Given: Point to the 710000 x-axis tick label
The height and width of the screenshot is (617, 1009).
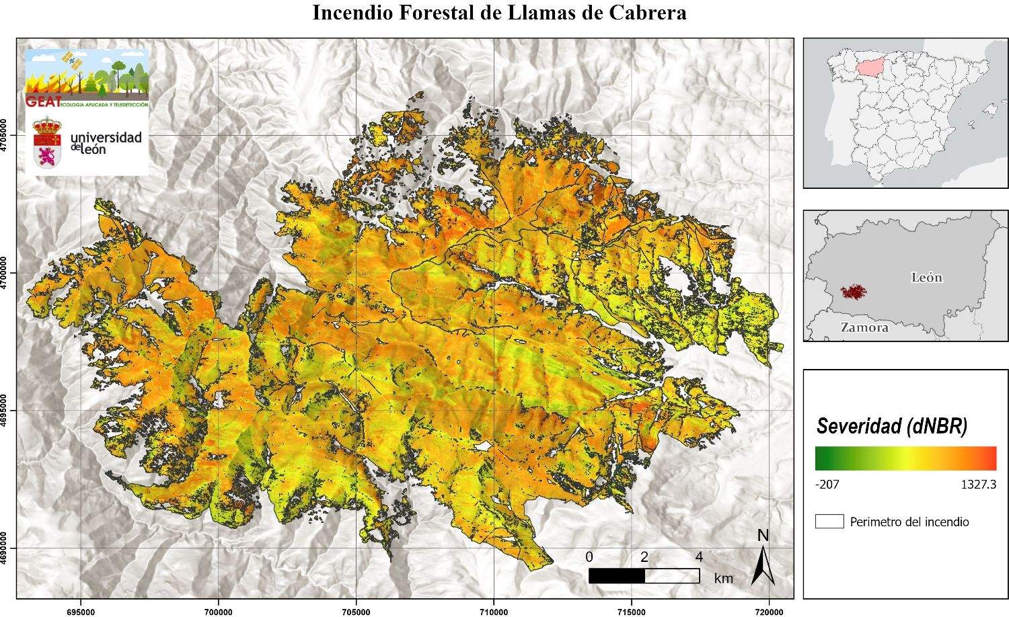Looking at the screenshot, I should (493, 612).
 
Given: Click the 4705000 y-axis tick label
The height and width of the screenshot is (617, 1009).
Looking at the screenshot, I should (7, 136).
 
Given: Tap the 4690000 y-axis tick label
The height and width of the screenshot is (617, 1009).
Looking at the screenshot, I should (7, 548).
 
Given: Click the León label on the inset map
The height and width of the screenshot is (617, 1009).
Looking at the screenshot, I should (926, 278).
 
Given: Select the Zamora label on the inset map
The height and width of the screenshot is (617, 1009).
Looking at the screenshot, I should (864, 328).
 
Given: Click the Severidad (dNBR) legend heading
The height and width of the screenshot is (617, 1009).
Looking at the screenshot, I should (891, 426).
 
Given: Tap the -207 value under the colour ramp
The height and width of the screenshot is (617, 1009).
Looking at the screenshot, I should (827, 484).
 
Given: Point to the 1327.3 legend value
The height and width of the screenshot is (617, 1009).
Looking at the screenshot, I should (979, 484).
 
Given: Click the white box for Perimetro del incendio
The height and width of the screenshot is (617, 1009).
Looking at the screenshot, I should (829, 522).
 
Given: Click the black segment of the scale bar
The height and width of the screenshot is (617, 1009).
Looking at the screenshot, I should (616, 576).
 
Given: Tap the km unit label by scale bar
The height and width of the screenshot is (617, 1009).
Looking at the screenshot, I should (724, 578).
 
